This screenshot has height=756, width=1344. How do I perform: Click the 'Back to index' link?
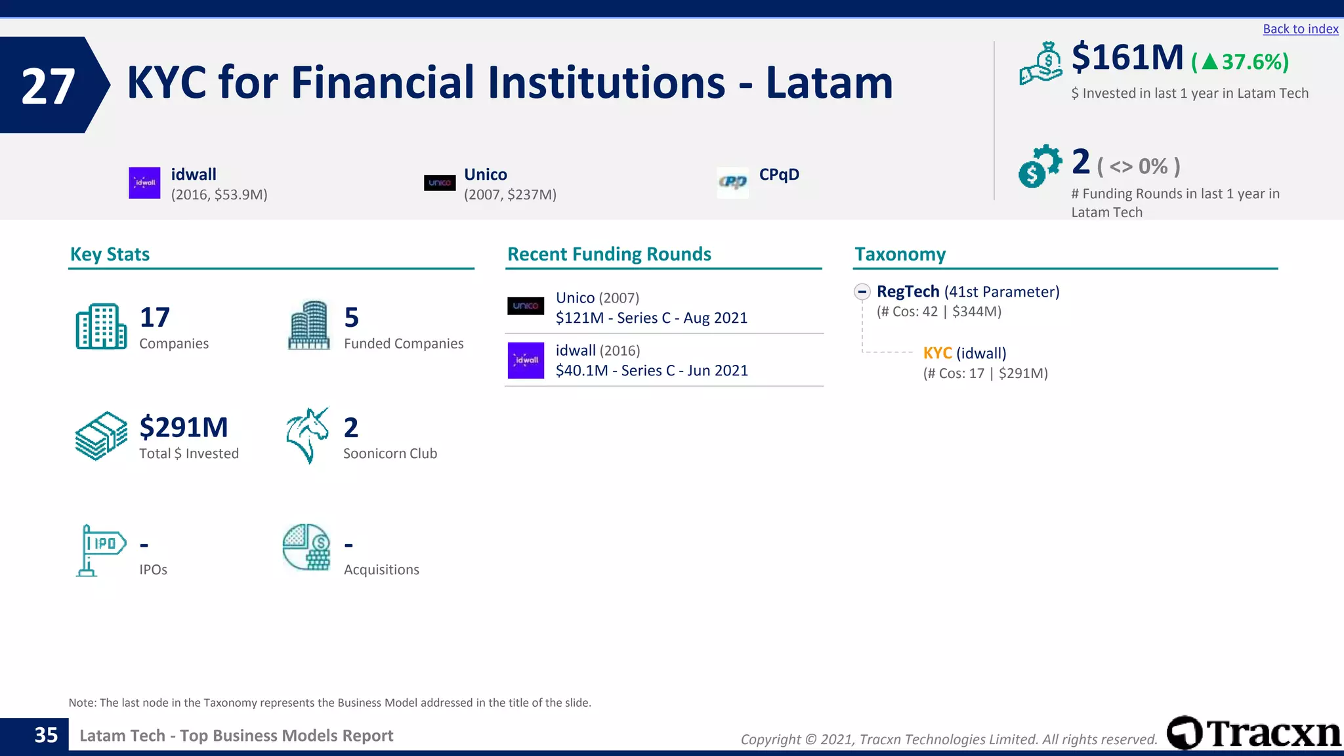[1300, 29]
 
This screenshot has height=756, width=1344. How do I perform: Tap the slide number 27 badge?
[49, 86]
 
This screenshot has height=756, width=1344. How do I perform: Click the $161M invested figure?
[1127, 58]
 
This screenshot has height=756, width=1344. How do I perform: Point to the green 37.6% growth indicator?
[1240, 62]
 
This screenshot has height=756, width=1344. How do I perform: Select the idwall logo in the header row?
[144, 182]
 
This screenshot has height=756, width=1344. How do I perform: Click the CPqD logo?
[732, 182]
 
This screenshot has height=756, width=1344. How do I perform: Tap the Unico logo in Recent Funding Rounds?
[526, 306]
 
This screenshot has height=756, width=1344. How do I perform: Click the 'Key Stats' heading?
[110, 255]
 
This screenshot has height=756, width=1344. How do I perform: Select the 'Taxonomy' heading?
[900, 255]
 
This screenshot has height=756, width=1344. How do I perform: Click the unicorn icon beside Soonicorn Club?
[307, 435]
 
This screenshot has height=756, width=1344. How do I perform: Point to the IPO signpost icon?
[100, 550]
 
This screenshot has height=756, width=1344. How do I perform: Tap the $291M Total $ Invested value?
[184, 428]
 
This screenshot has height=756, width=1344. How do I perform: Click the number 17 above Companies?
[155, 318]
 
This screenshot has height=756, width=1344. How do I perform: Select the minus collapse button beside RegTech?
[862, 291]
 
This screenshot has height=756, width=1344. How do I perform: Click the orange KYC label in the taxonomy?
[937, 353]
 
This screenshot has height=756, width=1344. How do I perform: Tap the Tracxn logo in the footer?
[1253, 733]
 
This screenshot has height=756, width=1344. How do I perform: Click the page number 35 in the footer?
[46, 735]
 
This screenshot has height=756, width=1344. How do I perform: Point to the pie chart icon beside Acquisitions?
[306, 547]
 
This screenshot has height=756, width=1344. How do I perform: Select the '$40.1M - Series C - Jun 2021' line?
[652, 371]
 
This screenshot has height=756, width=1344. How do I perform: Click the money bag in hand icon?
[1040, 64]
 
